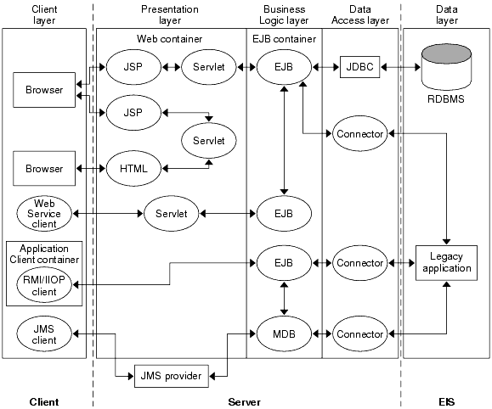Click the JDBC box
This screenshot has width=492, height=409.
click(359, 66)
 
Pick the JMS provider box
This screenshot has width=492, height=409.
click(171, 374)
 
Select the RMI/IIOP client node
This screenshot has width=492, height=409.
click(44, 285)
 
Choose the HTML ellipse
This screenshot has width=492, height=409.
click(133, 168)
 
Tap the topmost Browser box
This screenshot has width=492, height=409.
click(44, 90)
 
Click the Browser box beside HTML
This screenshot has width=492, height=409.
click(44, 168)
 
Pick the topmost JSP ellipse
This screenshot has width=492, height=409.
click(133, 66)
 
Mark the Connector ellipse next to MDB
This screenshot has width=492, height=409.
click(360, 333)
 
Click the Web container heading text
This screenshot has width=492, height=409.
click(170, 39)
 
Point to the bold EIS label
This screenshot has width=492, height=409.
click(446, 401)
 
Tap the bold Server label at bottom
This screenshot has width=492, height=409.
click(245, 401)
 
